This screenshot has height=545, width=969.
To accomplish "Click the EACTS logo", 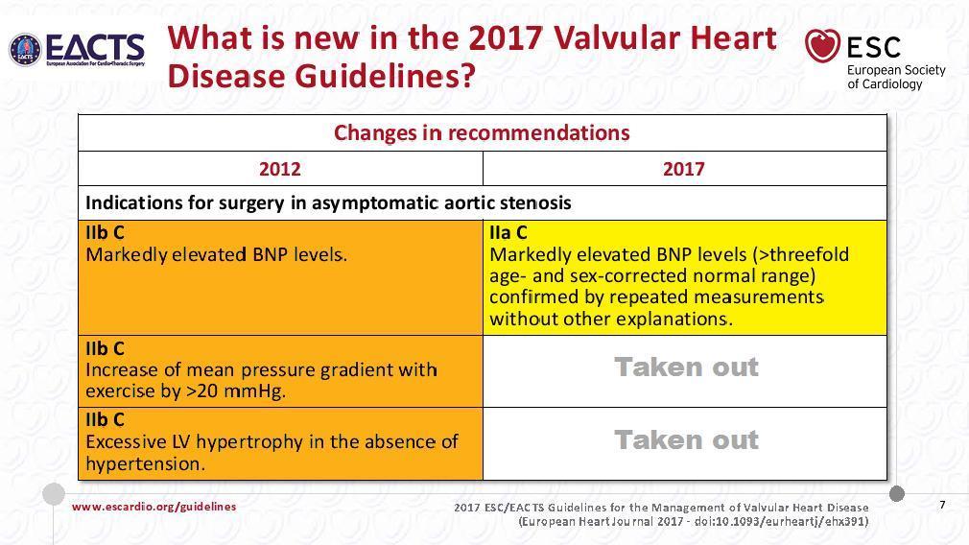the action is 78,50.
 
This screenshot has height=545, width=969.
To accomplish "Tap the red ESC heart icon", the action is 822,46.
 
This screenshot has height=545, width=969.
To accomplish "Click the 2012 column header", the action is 280,169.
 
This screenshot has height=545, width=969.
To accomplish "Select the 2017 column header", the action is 683,169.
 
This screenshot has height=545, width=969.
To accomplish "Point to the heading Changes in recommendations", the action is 482,132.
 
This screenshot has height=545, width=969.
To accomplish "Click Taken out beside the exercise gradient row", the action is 686,367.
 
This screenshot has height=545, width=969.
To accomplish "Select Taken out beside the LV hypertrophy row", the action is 686,440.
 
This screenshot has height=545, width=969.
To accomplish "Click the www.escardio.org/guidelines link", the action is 154,507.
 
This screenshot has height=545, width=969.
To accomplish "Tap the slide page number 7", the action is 942,505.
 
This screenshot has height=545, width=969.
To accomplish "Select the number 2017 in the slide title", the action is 506,37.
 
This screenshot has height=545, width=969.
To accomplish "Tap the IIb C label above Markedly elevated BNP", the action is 106,233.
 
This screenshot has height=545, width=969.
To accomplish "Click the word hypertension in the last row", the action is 145,464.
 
